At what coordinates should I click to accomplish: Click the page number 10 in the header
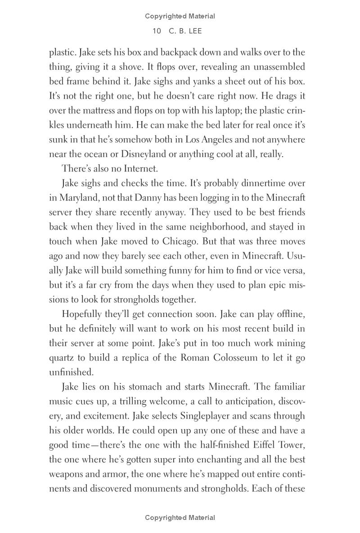(157, 31)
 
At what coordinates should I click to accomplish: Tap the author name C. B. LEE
(185, 31)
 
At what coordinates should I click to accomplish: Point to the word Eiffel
(265, 445)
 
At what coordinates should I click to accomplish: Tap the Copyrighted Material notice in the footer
(180, 518)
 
